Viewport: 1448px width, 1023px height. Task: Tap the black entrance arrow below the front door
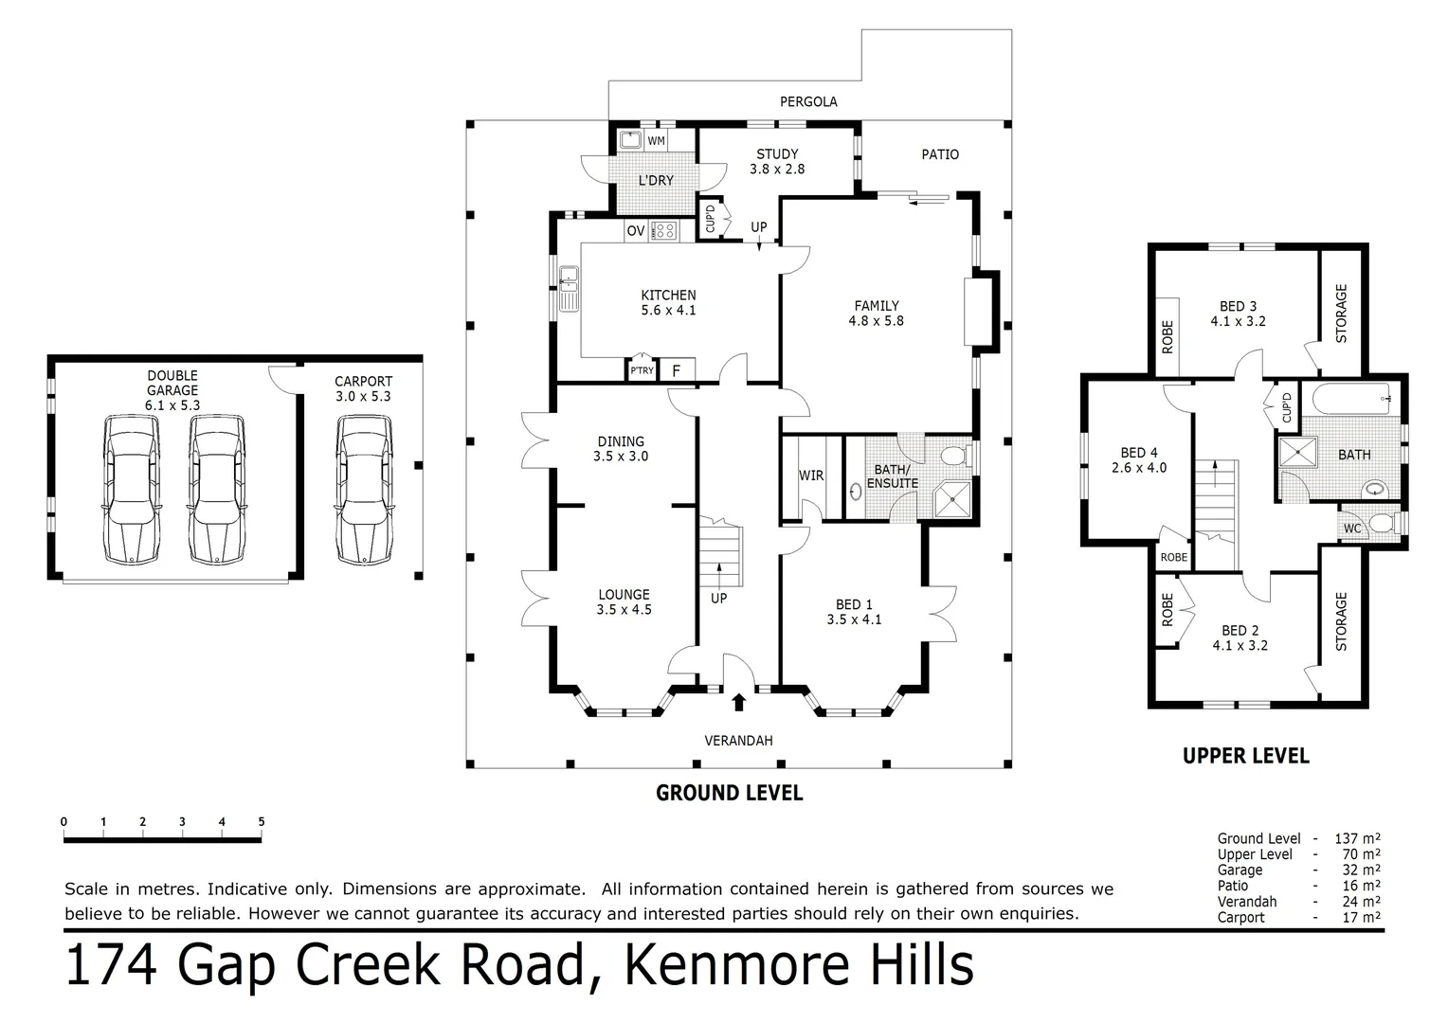[738, 701]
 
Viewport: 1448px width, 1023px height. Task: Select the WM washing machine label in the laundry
[656, 141]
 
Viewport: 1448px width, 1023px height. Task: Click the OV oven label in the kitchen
[635, 231]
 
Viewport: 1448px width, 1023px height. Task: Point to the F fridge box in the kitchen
[677, 370]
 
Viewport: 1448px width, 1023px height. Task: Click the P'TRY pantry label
[642, 370]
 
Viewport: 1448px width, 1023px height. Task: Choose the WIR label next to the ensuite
[811, 476]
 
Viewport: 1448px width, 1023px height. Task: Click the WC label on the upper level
[1352, 528]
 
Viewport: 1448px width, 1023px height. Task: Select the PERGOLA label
[808, 101]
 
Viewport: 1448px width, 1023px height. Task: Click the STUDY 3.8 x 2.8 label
[777, 161]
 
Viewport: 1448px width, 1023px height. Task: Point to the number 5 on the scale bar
[261, 822]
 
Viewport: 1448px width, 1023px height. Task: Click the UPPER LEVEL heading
[1245, 756]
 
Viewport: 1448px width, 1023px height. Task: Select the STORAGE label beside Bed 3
[1340, 314]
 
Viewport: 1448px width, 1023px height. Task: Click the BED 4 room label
[1138, 459]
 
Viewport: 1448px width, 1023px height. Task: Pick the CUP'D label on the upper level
[1286, 407]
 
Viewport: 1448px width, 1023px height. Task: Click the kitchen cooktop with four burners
[662, 230]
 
